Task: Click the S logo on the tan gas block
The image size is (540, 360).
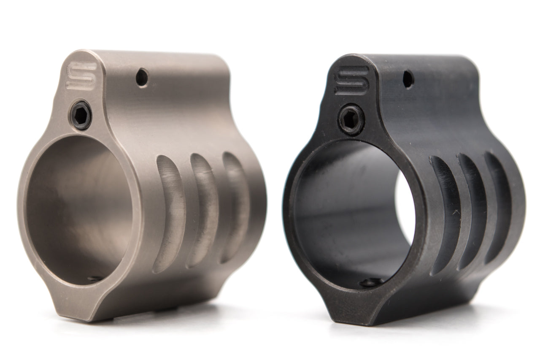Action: (82, 75)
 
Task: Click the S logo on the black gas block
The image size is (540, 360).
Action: (351, 80)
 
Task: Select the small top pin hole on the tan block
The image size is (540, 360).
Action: (143, 78)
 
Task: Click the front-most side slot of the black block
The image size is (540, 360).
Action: (443, 215)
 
